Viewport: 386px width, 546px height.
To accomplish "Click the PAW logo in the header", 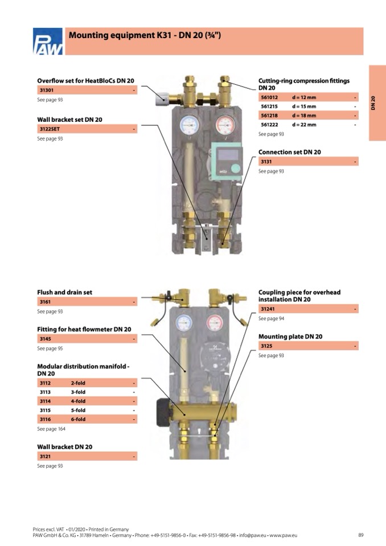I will click(x=47, y=42).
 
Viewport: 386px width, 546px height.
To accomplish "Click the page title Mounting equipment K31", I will click(x=145, y=36).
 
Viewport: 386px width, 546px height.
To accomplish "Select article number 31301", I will click(x=47, y=91).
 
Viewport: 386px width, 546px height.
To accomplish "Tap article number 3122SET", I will click(x=50, y=129).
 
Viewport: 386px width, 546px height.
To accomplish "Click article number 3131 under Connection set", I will click(x=266, y=162).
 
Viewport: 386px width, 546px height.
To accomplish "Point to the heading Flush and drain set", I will click(x=64, y=292).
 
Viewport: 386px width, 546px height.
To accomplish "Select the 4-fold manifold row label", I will click(x=78, y=401).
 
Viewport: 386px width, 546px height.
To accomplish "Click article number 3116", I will click(x=45, y=419).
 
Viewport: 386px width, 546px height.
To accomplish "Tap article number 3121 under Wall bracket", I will click(x=45, y=457).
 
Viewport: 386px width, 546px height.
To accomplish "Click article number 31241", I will click(x=267, y=309).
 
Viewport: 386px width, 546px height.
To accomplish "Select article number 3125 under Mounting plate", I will click(x=266, y=346).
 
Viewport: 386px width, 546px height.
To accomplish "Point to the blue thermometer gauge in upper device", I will click(x=188, y=125).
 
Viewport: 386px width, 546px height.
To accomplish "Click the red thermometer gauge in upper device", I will click(x=224, y=125).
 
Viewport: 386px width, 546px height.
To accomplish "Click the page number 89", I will click(x=360, y=535).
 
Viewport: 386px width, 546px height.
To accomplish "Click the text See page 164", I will click(x=51, y=429).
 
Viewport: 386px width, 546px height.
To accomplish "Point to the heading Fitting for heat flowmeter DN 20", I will click(x=84, y=329).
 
